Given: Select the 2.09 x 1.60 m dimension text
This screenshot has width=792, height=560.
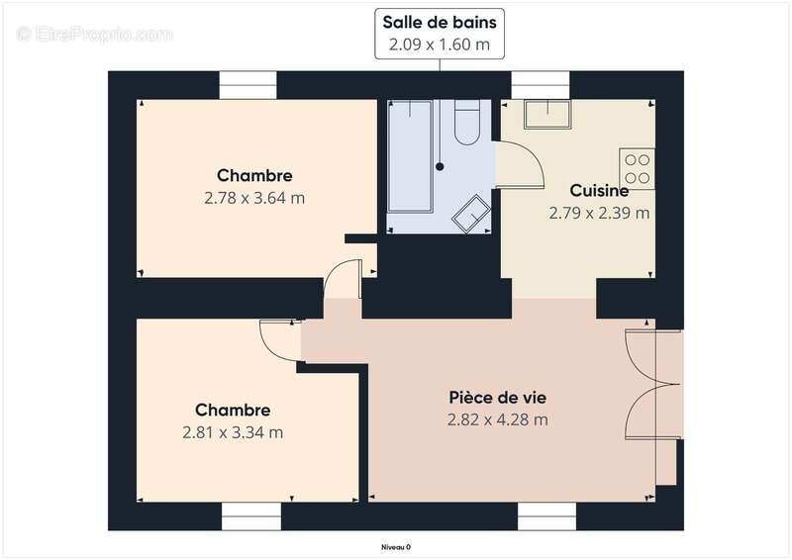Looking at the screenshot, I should pos(441,45).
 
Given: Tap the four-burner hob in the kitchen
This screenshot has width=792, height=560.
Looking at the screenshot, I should pos(637,167).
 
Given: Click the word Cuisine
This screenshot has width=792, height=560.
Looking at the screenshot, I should pos(599,191).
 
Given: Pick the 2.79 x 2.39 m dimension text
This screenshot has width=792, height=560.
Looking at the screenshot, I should pos(599,212).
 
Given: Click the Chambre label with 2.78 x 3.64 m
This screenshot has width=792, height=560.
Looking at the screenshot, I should pos(254,176).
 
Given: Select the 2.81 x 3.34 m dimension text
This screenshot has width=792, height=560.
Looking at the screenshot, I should pos(233,431).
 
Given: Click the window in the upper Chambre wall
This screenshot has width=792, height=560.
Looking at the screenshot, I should pos(246,86).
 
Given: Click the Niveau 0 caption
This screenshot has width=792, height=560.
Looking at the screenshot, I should pos(395,546).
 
